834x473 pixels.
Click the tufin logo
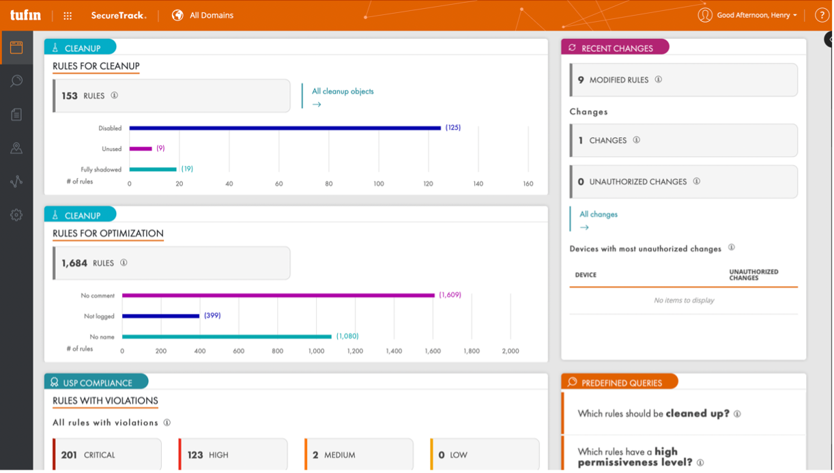(25, 15)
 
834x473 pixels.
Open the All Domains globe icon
(177, 15)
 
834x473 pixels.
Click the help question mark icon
(821, 15)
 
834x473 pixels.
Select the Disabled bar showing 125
(285, 128)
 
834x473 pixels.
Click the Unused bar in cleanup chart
(141, 149)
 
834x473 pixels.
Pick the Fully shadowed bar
(153, 169)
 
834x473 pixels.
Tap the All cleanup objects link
(343, 91)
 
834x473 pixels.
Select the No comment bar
(278, 296)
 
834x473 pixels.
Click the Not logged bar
(161, 316)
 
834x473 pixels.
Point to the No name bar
(227, 336)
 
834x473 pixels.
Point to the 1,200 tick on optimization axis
(355, 351)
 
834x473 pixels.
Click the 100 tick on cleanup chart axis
(379, 184)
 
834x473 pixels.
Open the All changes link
(599, 214)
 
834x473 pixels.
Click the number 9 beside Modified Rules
(581, 80)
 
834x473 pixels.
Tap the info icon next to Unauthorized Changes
(697, 181)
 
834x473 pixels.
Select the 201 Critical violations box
(107, 455)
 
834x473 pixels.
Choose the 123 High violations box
(233, 455)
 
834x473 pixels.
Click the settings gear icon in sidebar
(16, 215)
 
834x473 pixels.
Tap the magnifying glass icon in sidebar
(16, 81)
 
